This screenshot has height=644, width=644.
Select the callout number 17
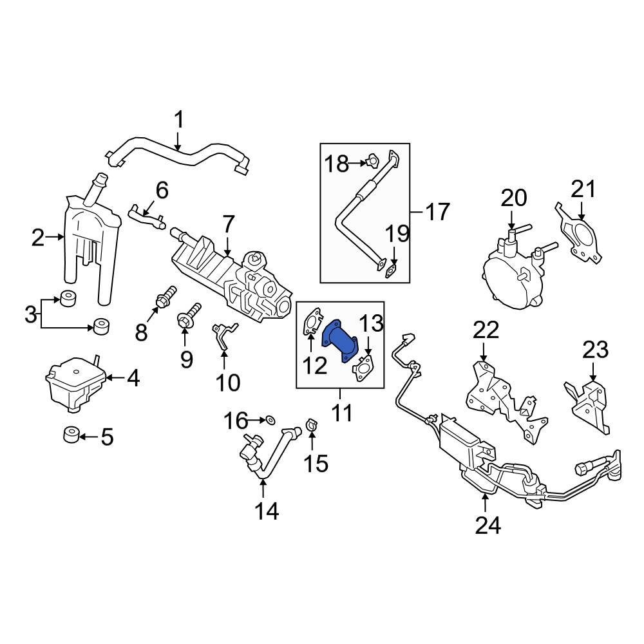[x=437, y=211]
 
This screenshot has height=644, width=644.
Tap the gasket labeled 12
[x=313, y=323]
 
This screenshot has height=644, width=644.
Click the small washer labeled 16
[x=270, y=421]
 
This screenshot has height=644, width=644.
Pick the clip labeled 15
[x=312, y=425]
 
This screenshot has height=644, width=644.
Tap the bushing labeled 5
[x=71, y=436]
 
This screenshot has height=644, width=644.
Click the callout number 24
[x=487, y=526]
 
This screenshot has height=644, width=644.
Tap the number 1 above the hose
[x=179, y=120]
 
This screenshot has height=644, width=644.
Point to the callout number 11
[x=342, y=412]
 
